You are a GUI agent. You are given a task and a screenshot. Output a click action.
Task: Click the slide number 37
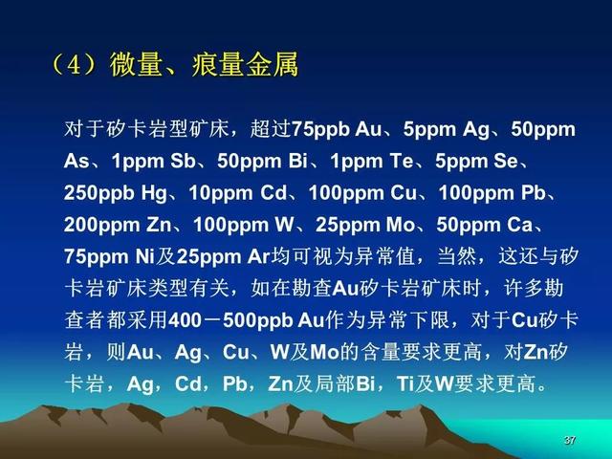[570, 440]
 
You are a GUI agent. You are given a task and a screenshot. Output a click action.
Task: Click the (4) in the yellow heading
[75, 64]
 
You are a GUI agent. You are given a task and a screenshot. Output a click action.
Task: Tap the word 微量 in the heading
[135, 64]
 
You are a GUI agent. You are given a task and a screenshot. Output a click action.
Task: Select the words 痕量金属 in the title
[245, 64]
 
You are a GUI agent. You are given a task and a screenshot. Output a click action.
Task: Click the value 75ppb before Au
[320, 129]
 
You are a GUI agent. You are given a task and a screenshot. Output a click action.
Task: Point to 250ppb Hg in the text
[116, 193]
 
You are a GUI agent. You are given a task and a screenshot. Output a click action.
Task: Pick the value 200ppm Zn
[118, 225]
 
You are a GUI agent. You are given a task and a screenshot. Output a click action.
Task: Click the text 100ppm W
[244, 225]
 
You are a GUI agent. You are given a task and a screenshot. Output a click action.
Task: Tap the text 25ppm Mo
[365, 225]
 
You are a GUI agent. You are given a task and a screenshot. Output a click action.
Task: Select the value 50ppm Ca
[485, 225]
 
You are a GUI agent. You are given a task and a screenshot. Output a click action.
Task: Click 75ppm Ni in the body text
[109, 257]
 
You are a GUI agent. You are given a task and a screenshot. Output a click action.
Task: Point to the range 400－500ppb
[230, 320]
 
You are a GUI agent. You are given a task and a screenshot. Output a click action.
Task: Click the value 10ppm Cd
[238, 193]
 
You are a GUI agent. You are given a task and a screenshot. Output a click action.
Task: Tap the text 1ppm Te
[372, 162]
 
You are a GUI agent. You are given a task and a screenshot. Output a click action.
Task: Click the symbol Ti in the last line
[405, 384]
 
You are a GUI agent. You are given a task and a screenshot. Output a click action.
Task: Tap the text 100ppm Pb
[492, 193]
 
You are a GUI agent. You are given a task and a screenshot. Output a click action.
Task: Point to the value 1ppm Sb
[153, 162]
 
